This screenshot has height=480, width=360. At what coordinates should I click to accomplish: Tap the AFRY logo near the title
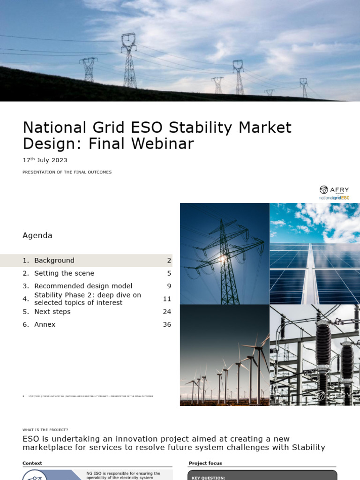pos(334,190)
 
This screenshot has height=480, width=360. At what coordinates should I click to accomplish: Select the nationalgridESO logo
pos(334,198)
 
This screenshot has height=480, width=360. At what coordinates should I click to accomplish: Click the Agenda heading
pos(37,235)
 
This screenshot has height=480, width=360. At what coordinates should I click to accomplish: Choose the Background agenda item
pos(54,260)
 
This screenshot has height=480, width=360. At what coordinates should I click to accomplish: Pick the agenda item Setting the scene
pos(64,273)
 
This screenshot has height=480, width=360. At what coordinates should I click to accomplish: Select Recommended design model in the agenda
pos(83,286)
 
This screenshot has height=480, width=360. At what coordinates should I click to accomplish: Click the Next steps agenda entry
pos(52,312)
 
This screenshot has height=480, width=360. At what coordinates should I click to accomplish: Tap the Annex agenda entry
pos(45,324)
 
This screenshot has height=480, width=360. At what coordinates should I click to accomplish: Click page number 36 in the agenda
pos(167,324)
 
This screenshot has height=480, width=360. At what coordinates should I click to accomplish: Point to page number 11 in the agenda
pos(167,299)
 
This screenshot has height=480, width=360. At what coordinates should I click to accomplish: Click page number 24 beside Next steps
pos(167,312)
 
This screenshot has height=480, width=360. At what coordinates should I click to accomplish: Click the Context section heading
pos(32,463)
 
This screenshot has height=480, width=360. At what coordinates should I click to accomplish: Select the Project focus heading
pos(205,463)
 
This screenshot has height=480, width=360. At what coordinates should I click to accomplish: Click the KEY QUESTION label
pos(209,477)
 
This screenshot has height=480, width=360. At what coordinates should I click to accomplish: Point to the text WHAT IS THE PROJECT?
pos(45,430)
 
